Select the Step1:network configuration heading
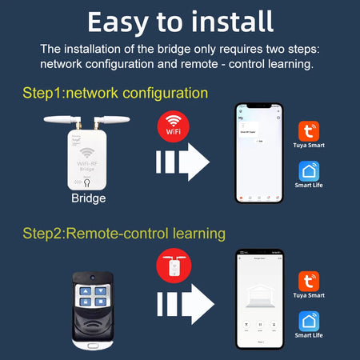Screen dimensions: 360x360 pos(115,93)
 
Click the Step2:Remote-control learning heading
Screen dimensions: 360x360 pos(123,234)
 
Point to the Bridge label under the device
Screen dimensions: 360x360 pos(88,198)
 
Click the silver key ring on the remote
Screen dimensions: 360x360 pos(90,344)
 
